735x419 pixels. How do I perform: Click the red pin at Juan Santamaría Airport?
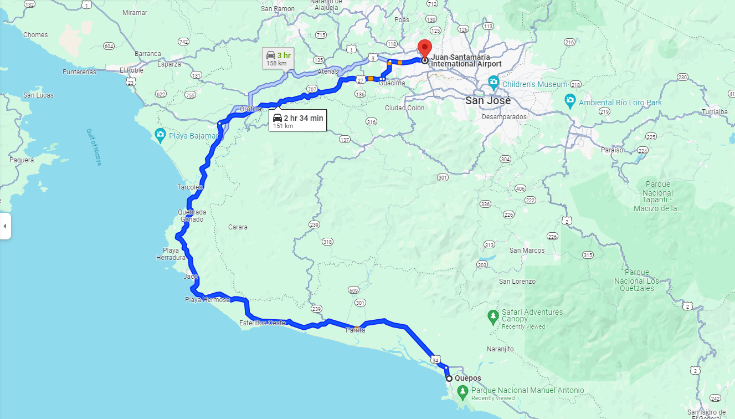coord(425,47)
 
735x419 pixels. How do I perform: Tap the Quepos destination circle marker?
coord(449,379)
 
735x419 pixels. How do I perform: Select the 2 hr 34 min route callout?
coord(297,120)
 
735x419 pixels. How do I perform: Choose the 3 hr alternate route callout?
coord(277,58)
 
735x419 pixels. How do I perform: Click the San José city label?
coord(488,101)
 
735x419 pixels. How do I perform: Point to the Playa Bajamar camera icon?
coord(160,134)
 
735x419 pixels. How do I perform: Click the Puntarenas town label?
coord(79,72)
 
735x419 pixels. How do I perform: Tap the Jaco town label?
coord(191,276)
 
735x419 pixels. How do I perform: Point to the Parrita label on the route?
coord(355,330)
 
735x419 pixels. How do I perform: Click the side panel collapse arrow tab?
coord(5,226)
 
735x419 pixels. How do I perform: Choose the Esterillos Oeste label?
coord(263,323)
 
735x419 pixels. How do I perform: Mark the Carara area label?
coord(238,227)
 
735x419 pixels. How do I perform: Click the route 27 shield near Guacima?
coord(360,80)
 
